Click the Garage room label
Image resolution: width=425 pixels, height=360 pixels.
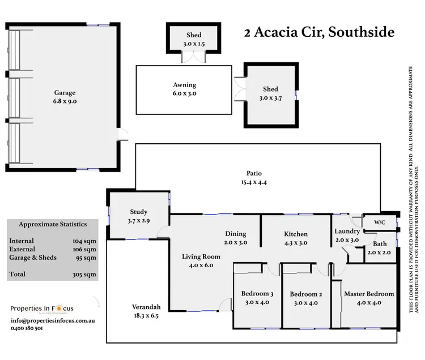65,93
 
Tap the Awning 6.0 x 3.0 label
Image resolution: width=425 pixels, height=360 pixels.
184,85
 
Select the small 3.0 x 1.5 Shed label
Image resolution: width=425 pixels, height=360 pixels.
194,35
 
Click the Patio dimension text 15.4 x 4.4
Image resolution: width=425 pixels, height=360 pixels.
253,182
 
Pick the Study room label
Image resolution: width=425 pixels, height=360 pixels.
138,212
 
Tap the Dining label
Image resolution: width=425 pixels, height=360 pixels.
236,233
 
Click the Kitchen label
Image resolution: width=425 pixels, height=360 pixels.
296,234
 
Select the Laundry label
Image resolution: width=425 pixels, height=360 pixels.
347,231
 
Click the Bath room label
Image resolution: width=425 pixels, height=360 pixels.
379,244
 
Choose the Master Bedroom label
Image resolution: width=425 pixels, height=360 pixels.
369,294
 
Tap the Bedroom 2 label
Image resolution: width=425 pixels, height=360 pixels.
305,294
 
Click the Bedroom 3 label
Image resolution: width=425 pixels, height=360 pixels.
257,294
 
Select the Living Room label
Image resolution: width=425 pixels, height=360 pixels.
201,256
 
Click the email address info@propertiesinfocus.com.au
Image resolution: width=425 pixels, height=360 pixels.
52,320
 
